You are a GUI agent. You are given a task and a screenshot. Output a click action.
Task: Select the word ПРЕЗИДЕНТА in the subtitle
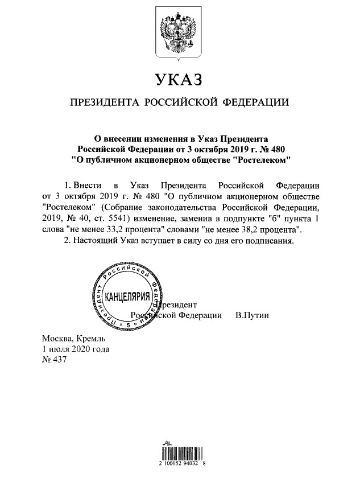[x=105, y=102]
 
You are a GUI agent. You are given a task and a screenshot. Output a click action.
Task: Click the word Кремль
[x=85, y=339]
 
